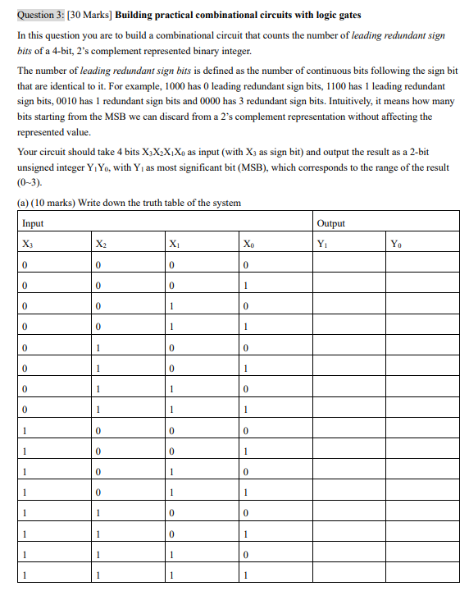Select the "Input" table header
[34, 223]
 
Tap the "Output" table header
[331, 223]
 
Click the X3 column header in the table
[28, 243]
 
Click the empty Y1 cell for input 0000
[348, 265]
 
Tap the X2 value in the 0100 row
[98, 348]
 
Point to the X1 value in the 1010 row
[171, 471]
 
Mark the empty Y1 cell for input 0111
[348, 410]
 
